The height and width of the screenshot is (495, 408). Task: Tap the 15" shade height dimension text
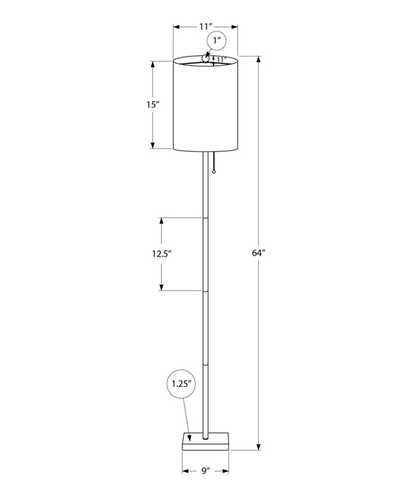click(153, 105)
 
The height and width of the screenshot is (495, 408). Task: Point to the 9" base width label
click(205, 470)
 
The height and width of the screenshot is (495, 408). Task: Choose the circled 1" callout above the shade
click(216, 42)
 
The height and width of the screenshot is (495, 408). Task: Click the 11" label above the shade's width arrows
click(206, 26)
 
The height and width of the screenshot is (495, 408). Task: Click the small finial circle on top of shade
click(206, 60)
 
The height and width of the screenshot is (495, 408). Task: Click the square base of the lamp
click(206, 440)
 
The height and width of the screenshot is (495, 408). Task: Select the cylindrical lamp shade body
click(206, 106)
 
